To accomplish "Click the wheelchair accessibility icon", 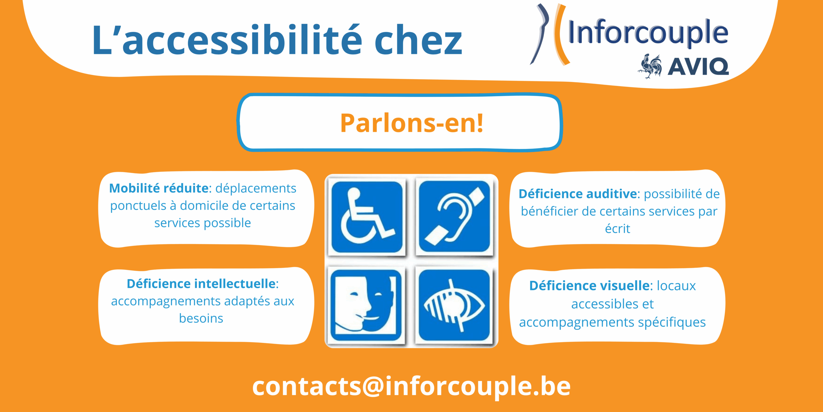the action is [367, 217].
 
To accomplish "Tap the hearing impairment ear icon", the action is [454, 216].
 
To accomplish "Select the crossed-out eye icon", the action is [454, 305].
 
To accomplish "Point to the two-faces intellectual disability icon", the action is [366, 305].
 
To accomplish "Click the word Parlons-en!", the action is [412, 123].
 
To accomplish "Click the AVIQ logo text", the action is [698, 67].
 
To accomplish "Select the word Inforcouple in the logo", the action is [648, 32].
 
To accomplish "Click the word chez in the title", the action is [418, 40].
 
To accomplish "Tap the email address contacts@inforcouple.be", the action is [411, 386].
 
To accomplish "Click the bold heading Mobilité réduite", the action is [159, 188].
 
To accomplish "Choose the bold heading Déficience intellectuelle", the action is [202, 284].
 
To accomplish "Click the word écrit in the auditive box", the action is [618, 229].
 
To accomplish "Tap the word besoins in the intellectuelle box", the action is [201, 318].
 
